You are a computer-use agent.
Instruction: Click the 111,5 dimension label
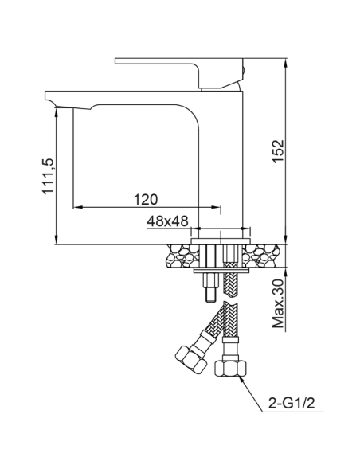click(48, 178)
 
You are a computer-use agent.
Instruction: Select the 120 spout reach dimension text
click(146, 198)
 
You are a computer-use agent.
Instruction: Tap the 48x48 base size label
click(167, 222)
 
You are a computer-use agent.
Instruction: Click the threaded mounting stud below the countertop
click(209, 287)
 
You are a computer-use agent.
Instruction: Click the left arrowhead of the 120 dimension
click(76, 208)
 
